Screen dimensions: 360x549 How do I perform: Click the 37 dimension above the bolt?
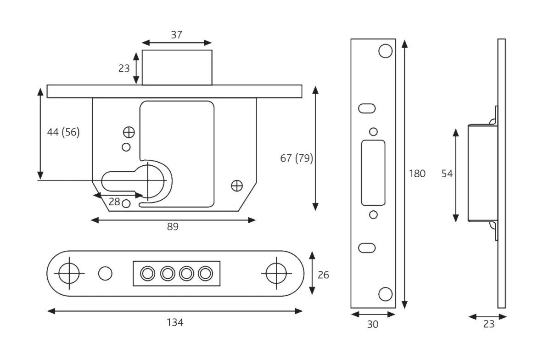point(177,34)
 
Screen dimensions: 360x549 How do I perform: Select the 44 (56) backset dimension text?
point(63,132)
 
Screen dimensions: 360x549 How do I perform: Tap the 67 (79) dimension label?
point(297,158)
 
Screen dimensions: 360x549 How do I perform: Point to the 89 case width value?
point(173,226)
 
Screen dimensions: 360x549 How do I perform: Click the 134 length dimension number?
point(175,322)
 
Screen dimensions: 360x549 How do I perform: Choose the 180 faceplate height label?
point(417,174)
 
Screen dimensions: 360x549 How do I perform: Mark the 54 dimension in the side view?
point(447,174)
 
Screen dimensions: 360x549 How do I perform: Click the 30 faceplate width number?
point(373,324)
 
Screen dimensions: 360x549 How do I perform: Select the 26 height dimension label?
point(323,275)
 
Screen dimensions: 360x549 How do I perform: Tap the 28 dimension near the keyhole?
point(114,201)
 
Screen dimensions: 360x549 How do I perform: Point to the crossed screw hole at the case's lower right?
point(237,186)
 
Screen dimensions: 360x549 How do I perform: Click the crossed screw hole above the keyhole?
point(129,132)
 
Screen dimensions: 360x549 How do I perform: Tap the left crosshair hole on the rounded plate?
point(69,273)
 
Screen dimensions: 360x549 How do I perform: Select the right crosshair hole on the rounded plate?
point(277,273)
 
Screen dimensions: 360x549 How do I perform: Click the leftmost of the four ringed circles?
point(147,274)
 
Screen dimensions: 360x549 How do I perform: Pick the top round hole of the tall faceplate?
point(385,51)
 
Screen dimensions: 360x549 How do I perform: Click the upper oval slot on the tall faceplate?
point(367,108)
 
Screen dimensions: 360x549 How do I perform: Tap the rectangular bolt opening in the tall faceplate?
point(373,173)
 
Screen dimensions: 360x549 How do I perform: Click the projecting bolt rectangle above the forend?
point(177,67)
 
